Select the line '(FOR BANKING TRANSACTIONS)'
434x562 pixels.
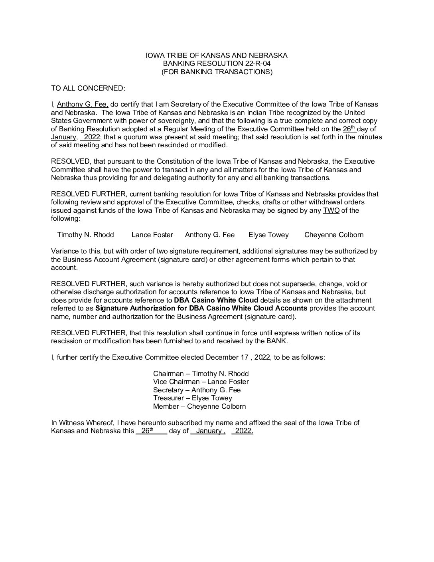pos(217,72)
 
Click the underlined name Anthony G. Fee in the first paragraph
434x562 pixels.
pos(83,105)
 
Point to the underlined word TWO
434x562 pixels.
pos(331,210)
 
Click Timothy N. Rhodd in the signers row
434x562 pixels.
pos(85,235)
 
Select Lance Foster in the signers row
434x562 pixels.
pos(152,235)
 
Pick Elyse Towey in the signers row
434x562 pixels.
pos(268,235)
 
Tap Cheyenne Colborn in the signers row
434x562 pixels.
pos(334,235)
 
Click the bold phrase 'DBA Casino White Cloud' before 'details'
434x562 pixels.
pos(216,300)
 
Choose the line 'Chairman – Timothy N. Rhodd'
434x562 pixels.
pos(201,374)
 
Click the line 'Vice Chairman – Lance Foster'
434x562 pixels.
pos(201,382)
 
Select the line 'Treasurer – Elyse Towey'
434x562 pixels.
pos(192,398)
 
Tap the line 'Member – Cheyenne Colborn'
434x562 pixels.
pos(199,407)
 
